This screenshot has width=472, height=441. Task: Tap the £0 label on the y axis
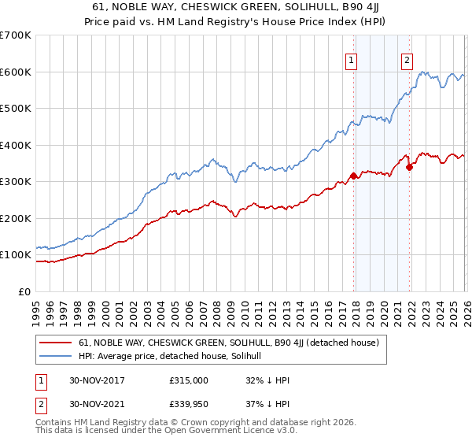tap(24, 291)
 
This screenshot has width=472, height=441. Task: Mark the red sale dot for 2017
tap(353, 176)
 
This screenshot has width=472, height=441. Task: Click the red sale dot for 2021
tap(409, 167)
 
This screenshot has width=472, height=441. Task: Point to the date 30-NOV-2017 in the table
tap(98, 380)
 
